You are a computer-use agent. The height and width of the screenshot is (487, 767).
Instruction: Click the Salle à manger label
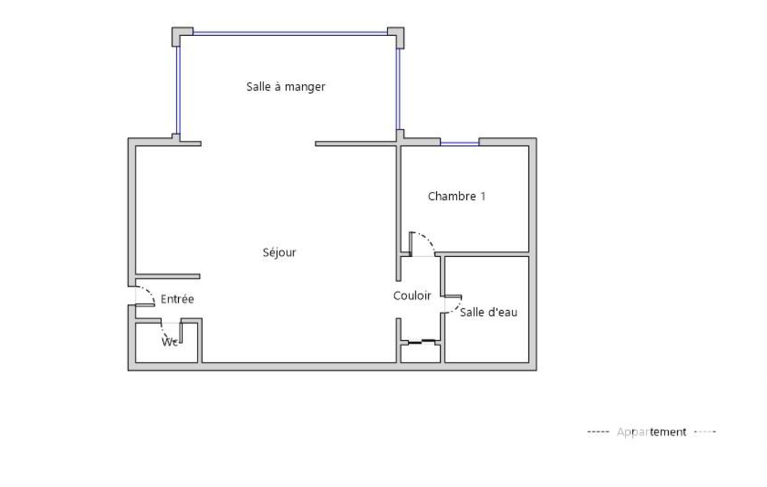[x=286, y=87]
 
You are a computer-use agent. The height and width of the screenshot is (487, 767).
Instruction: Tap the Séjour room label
[x=279, y=252]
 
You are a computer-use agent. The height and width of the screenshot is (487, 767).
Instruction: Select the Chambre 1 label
[x=457, y=196]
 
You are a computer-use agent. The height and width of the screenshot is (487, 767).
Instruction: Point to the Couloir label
[x=412, y=295]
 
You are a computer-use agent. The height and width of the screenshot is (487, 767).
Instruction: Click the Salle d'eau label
[x=489, y=312]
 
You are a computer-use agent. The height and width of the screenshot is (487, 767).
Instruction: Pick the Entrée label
[x=177, y=299]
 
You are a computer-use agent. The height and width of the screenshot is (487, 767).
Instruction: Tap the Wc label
[x=169, y=342]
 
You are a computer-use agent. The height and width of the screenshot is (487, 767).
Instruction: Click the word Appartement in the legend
[x=652, y=432]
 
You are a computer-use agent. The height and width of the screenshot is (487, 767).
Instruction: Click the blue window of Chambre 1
[x=459, y=144]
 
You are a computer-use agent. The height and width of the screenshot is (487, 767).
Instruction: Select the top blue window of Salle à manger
[x=290, y=33]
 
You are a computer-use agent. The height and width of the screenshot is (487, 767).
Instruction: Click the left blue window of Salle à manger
[x=179, y=90]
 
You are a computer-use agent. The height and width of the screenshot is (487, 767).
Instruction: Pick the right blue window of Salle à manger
[x=397, y=89]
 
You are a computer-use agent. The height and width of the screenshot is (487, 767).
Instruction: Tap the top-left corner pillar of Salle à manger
[x=182, y=36]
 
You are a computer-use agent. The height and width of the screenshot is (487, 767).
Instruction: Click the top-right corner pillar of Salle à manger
[x=396, y=37]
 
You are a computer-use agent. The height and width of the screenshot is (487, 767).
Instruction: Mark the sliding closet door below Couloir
[x=421, y=342]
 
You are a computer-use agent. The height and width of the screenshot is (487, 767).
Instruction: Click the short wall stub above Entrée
[x=168, y=276]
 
